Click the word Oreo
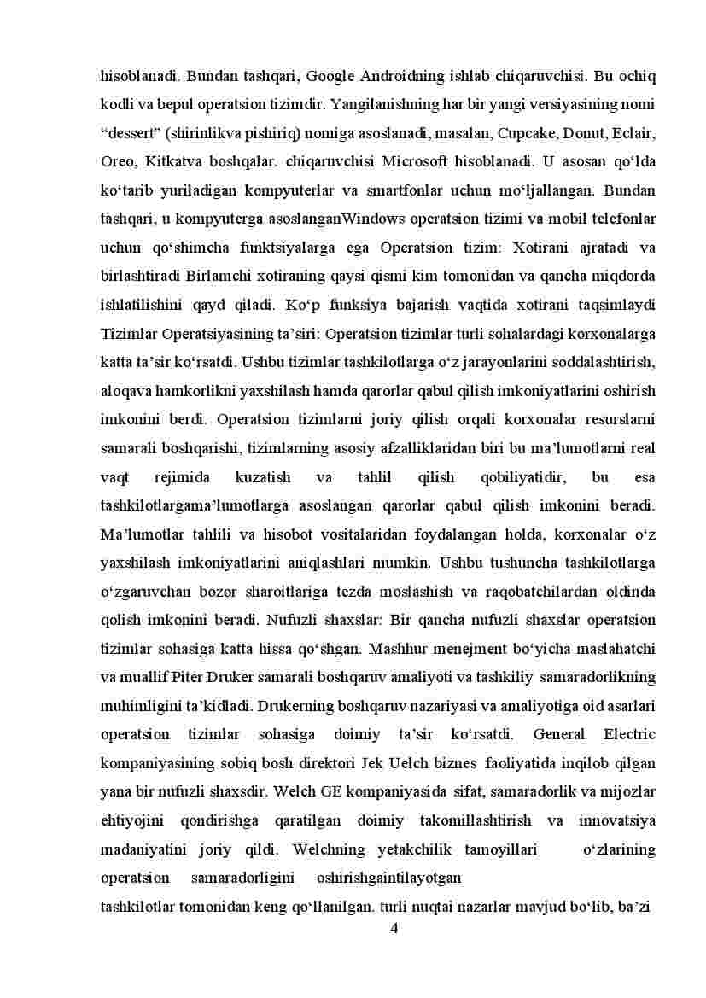pos(118,162)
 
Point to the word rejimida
pos(180,477)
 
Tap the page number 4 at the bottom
pos(394,929)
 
